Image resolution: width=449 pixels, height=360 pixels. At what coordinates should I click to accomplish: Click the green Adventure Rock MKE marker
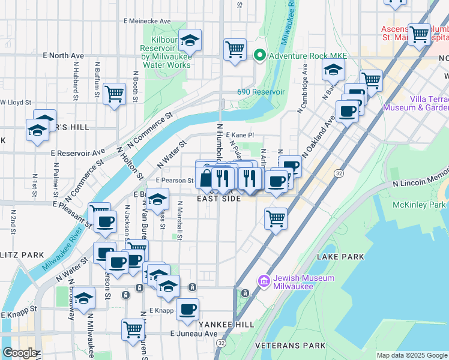(260, 56)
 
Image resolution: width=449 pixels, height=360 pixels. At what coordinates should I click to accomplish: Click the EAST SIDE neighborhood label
(219, 199)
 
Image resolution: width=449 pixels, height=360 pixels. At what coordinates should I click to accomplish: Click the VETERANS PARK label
(290, 346)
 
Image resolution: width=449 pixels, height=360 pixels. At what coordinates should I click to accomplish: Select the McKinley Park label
(420, 205)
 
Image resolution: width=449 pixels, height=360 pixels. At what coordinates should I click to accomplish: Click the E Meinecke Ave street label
(147, 21)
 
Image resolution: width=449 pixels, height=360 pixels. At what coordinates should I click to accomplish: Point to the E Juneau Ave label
(194, 334)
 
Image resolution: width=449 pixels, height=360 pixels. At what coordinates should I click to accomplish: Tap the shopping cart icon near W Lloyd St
(114, 94)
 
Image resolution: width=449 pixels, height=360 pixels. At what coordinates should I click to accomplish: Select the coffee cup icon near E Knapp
(188, 309)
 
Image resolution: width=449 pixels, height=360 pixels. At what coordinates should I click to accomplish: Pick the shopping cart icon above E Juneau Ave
(133, 328)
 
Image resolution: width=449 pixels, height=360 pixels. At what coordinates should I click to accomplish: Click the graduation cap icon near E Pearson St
(157, 199)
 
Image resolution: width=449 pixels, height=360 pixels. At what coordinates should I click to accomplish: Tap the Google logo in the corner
(19, 353)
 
